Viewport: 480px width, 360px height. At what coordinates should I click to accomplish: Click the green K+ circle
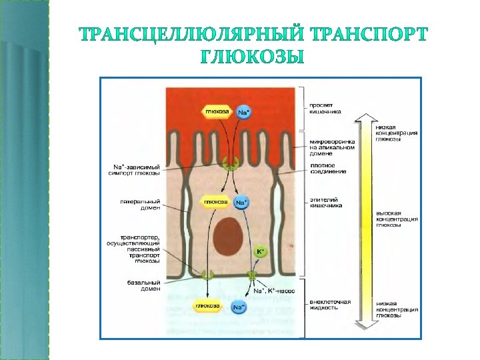click(x=261, y=251)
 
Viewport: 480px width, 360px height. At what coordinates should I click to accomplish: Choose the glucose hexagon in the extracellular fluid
click(x=208, y=306)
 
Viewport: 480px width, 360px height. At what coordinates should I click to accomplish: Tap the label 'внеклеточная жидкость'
click(x=330, y=304)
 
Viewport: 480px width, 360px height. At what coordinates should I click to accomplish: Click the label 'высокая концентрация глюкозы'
click(x=397, y=218)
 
